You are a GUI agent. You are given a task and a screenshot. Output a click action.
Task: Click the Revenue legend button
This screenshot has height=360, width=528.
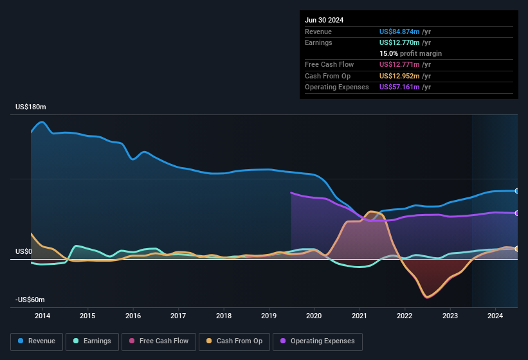[37, 341]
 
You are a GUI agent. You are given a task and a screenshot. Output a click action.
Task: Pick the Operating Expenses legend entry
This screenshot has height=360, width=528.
[318, 341]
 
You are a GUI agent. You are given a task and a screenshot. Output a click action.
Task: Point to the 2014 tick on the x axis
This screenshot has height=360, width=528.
[42, 316]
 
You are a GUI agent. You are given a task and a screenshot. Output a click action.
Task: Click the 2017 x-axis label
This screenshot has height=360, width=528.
[178, 316]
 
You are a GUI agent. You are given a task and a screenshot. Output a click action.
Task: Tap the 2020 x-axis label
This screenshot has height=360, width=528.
[314, 316]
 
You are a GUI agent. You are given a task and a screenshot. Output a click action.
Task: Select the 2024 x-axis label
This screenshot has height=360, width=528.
[495, 316]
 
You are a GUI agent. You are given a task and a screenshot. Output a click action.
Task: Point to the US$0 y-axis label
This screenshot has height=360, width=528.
[24, 251]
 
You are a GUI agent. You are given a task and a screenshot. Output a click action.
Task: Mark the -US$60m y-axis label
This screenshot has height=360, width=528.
[30, 300]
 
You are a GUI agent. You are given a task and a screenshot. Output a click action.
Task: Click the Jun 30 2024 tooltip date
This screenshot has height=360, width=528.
[324, 20]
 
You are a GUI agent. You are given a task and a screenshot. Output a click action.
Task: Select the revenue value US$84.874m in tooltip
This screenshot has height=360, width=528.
[399, 31]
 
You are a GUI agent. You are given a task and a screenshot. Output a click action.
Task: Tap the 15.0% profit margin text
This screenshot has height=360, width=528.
[410, 53]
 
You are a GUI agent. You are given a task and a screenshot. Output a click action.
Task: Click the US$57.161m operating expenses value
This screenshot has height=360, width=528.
[399, 87]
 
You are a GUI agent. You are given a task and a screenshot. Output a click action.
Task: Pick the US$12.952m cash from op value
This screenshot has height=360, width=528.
[399, 76]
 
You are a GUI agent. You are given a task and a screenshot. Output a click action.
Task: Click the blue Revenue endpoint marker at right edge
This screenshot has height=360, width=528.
[517, 191]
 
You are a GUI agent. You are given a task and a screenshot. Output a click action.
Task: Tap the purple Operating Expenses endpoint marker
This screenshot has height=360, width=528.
[517, 213]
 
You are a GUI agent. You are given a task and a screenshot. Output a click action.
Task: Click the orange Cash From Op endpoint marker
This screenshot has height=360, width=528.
[517, 249]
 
